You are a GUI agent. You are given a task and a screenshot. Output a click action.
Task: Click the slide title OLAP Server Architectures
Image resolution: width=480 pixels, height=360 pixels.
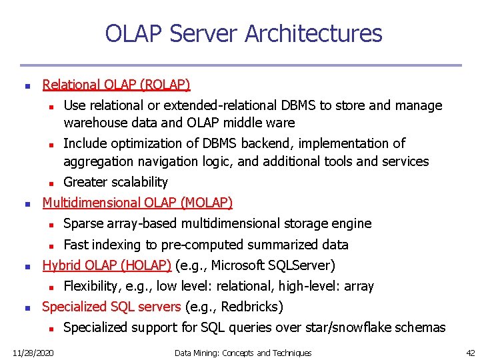[243, 33]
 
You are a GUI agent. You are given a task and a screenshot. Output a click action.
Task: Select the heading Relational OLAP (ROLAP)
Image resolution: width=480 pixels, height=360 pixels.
[116, 85]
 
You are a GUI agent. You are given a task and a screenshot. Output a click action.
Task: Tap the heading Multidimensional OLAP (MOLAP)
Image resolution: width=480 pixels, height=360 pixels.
[137, 203]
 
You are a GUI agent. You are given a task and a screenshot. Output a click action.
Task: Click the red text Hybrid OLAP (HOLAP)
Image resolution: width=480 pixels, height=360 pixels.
[107, 265]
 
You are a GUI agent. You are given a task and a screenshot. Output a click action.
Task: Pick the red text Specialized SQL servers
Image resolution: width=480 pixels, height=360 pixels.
[111, 307]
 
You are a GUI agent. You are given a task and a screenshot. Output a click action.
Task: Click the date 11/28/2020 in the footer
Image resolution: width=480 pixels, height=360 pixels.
[34, 353]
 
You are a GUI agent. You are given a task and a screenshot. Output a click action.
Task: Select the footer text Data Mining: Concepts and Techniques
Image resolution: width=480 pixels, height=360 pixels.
[243, 353]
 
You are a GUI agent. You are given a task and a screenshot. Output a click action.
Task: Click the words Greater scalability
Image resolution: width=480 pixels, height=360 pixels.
[115, 182]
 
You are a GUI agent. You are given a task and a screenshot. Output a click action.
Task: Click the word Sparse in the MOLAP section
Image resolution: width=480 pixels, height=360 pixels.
[81, 223]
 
